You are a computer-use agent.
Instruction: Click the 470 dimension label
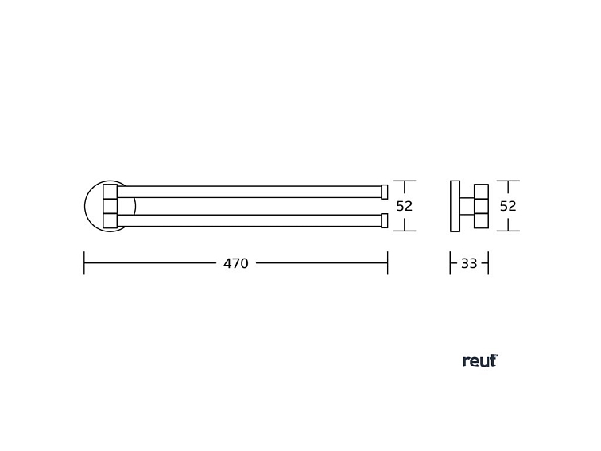(236, 263)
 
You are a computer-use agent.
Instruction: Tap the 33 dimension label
(469, 263)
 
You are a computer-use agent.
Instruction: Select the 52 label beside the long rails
(405, 206)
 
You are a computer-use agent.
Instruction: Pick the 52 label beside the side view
(508, 206)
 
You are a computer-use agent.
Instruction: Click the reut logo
(480, 360)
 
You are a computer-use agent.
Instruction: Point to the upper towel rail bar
(249, 192)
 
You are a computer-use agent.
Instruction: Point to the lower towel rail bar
(249, 220)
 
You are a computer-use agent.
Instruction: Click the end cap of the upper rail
(385, 192)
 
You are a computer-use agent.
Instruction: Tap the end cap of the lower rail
(385, 220)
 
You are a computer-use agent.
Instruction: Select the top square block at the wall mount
(110, 192)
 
